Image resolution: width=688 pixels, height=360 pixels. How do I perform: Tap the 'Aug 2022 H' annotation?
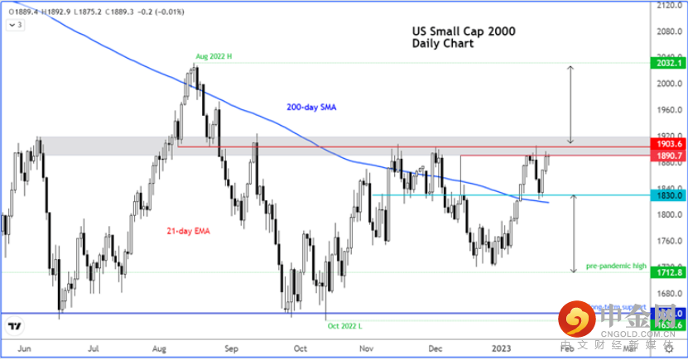tap(214, 57)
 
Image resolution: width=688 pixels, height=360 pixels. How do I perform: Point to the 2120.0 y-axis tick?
tap(668, 6)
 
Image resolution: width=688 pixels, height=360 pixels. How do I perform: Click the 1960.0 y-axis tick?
tap(668, 109)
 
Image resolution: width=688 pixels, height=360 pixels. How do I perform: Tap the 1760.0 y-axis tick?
tap(668, 241)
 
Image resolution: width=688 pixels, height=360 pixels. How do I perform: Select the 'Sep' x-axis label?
tap(231, 349)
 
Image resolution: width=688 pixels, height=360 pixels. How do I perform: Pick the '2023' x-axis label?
tap(500, 349)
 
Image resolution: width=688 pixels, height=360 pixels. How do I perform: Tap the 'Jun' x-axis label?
tap(24, 349)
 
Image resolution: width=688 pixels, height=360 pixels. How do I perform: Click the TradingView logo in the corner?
tap(14, 326)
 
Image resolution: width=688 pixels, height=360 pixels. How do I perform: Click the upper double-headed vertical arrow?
tap(570, 104)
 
